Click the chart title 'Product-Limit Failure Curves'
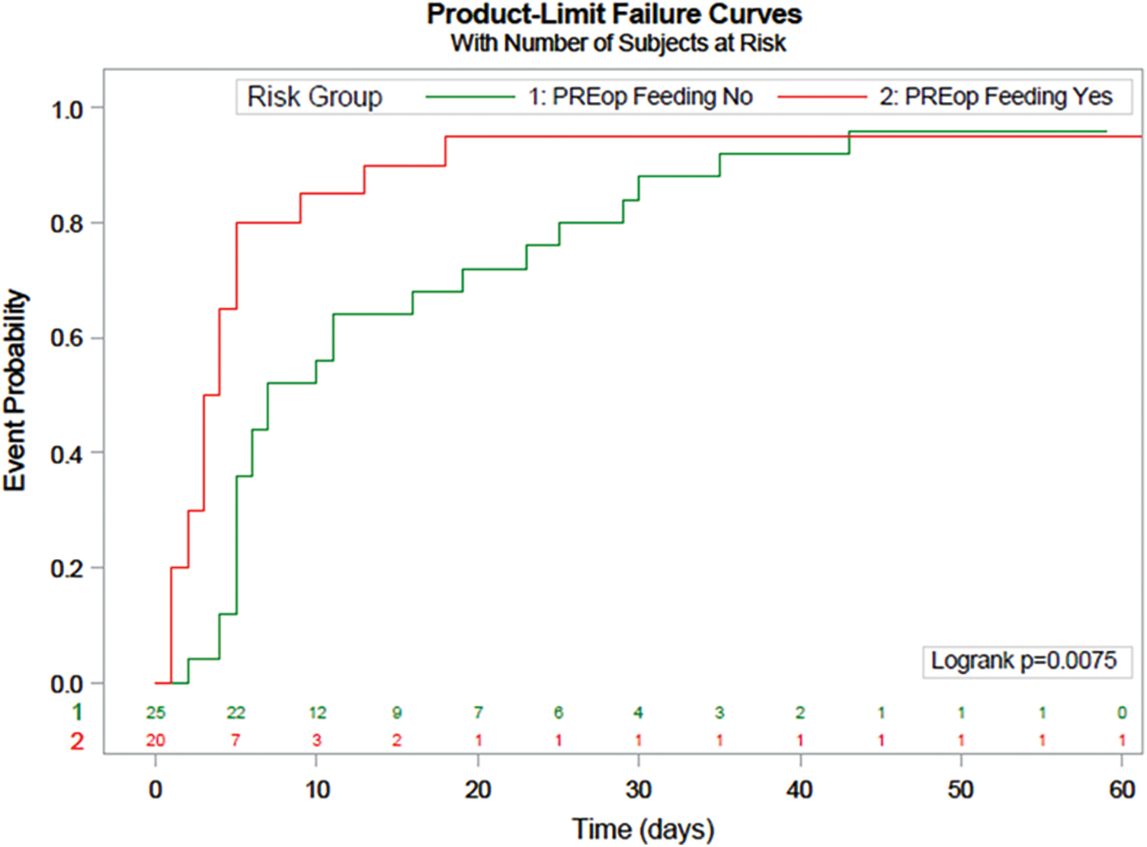(614, 15)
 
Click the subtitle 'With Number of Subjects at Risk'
(618, 43)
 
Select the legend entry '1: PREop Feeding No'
(640, 97)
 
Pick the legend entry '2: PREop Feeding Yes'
(995, 97)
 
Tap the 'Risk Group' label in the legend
(314, 98)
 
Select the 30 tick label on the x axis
(638, 790)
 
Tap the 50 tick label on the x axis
(960, 790)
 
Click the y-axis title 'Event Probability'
(15, 390)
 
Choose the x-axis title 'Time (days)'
(643, 829)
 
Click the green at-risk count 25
(155, 713)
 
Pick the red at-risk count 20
(155, 740)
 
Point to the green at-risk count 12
(317, 713)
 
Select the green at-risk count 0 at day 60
(1122, 713)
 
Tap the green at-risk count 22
(236, 713)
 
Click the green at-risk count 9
(397, 713)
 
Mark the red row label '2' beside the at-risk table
(77, 741)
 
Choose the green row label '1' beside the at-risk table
(77, 713)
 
